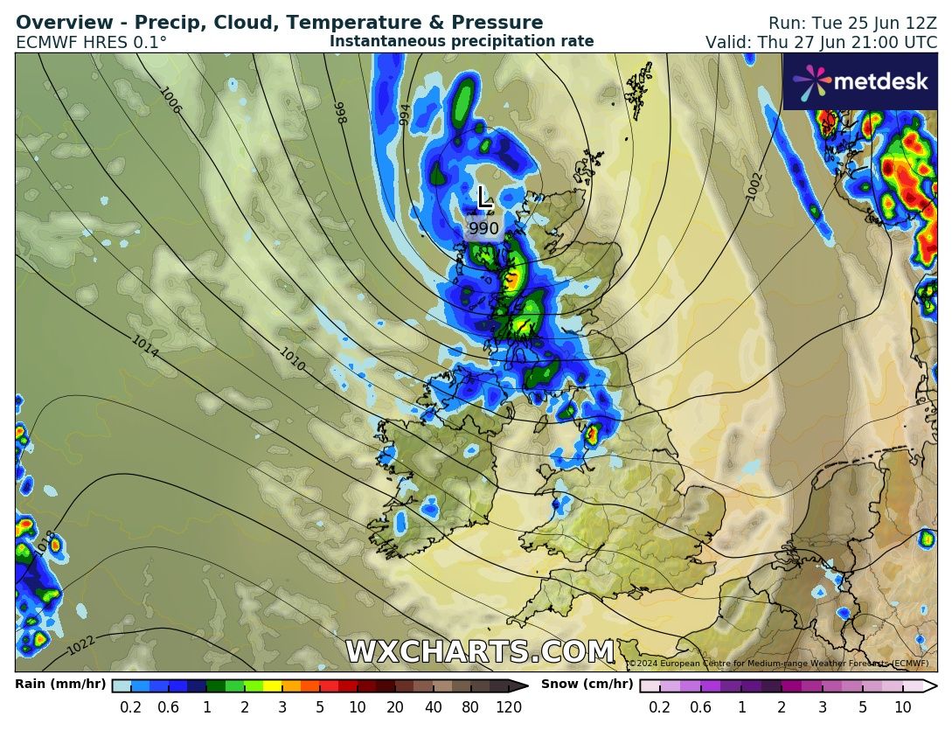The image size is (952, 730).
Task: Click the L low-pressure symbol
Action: pos(484,197)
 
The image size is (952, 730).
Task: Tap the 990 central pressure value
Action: pos(483,228)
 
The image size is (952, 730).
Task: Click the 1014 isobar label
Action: pos(145,347)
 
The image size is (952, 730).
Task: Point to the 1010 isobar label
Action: pos(292,359)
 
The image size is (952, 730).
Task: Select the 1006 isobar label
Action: pos(170,101)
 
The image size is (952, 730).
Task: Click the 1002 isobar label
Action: pos(755,185)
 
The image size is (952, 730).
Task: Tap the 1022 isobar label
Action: pos(81,645)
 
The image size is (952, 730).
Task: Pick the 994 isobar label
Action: pos(404,115)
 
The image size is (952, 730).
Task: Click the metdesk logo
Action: pos(861,81)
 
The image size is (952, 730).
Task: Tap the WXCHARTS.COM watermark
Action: pos(480,652)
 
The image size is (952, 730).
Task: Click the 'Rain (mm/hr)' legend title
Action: pos(60,684)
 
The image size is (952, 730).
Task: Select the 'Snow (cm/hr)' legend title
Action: pos(587,684)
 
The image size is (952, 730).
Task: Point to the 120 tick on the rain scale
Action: pos(508,707)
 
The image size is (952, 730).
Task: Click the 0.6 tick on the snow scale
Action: pos(699,707)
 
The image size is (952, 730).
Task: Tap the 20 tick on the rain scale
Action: pos(395,707)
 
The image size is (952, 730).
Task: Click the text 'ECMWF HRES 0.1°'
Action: pos(91,42)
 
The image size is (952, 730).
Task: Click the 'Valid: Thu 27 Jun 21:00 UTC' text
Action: pos(821,42)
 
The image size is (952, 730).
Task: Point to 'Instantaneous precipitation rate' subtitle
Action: pos(462,41)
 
